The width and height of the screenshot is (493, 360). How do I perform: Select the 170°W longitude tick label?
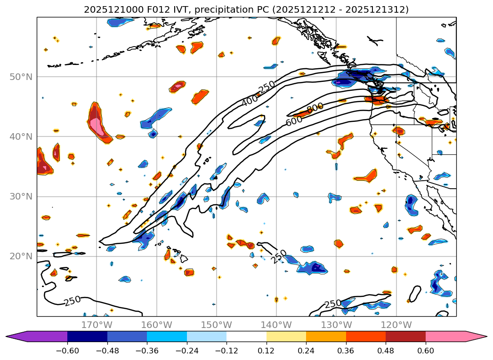coord(97,325)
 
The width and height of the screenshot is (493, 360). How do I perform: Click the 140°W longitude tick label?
coord(276,325)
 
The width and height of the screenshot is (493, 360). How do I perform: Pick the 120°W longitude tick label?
coord(396,325)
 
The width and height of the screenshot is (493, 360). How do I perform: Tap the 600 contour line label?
coord(294,120)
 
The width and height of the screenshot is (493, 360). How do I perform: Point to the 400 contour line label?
coord(250,100)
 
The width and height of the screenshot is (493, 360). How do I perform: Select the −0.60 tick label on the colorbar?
coord(67,351)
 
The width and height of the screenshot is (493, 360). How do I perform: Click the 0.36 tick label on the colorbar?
coord(346,351)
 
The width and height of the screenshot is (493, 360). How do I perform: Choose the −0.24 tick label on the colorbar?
coord(186,351)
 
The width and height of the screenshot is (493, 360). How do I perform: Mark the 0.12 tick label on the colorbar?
coord(267,351)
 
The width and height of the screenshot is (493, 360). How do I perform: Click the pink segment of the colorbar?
coord(447,336)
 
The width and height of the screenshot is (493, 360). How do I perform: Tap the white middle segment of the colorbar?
coord(246,336)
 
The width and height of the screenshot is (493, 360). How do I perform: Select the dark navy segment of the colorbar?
coord(87,336)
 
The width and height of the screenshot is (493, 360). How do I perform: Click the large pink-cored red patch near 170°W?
coord(98,123)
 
